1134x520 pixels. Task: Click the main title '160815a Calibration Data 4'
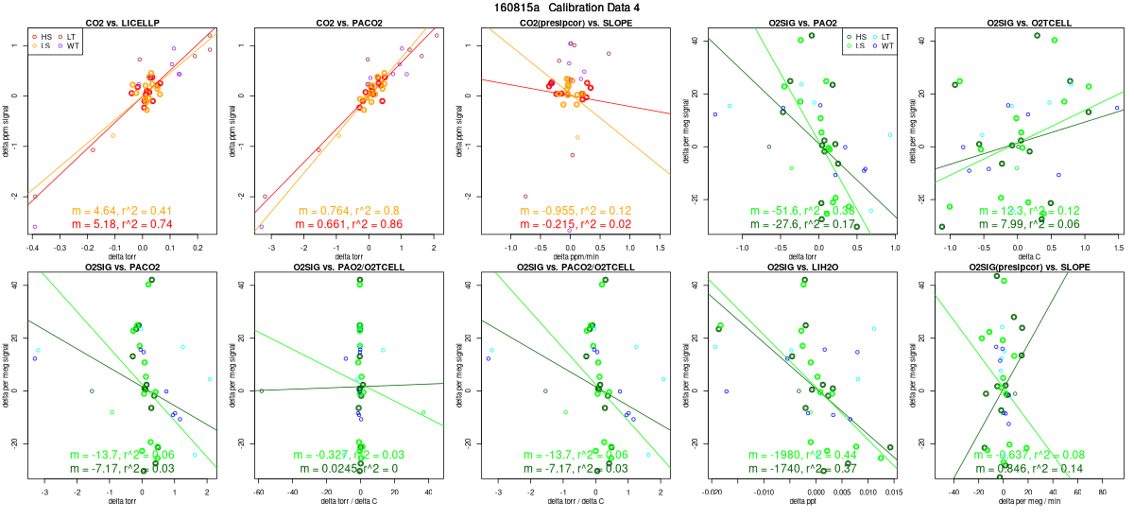pos(567,7)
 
